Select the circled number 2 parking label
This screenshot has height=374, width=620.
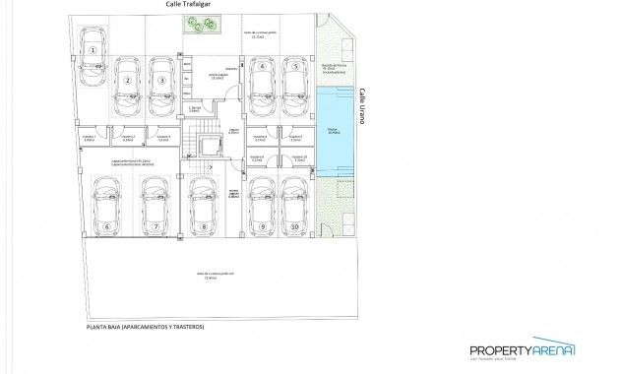click(127, 81)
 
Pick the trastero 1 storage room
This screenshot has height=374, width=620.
click(92, 139)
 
